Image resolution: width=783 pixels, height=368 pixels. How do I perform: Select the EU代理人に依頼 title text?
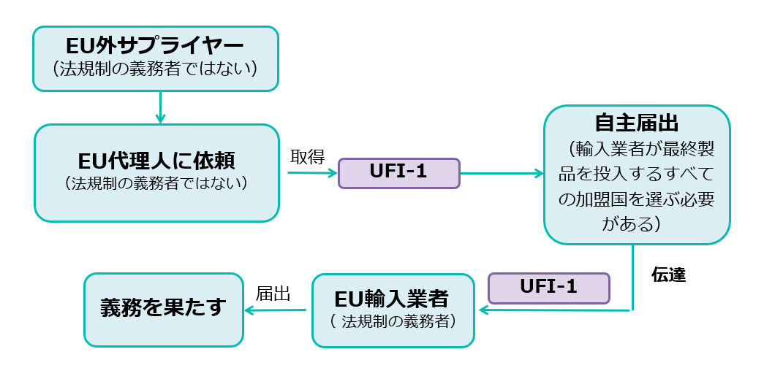point(156,160)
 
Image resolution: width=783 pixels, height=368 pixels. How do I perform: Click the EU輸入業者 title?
point(393,299)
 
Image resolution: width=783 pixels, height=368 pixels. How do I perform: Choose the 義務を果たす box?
point(163,309)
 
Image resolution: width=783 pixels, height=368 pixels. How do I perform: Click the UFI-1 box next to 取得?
point(398,173)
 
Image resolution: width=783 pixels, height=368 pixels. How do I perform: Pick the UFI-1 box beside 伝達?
point(548,287)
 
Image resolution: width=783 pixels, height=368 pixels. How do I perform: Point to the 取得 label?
point(307,157)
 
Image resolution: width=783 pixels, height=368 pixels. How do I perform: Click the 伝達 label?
point(667,276)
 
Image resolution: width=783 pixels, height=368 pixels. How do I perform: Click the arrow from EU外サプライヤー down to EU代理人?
point(159,107)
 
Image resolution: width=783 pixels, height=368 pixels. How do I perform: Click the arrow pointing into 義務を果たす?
point(275,310)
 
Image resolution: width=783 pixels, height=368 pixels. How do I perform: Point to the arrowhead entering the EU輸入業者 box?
point(483,310)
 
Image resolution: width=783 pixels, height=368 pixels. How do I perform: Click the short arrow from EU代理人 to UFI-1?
point(312,173)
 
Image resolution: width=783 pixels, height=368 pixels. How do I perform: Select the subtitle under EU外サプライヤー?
point(155,69)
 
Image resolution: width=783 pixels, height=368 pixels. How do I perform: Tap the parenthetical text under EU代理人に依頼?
point(156,183)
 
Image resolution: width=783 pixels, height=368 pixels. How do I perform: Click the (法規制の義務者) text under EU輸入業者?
point(393,321)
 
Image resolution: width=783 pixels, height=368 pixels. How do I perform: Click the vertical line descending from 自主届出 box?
point(631,277)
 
